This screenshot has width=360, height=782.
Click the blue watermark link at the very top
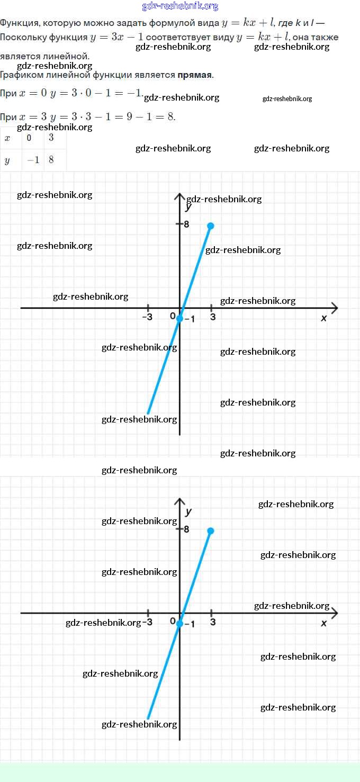180,6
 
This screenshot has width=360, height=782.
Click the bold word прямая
194,75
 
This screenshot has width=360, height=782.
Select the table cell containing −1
33,160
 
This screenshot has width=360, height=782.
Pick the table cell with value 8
55,160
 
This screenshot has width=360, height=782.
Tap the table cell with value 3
55,138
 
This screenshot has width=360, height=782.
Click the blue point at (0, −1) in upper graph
179,318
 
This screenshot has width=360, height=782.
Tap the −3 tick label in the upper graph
147,317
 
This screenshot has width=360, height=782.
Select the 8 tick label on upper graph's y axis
186,224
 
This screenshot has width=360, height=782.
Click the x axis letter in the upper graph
323,318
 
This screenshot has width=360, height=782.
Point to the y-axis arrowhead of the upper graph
179,196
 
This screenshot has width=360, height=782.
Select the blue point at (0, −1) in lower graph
179,624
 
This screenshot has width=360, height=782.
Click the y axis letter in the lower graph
188,512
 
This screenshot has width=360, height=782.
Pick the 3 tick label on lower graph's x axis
213,622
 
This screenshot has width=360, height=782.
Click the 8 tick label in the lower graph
186,529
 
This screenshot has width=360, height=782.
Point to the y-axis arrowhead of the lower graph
179,501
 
